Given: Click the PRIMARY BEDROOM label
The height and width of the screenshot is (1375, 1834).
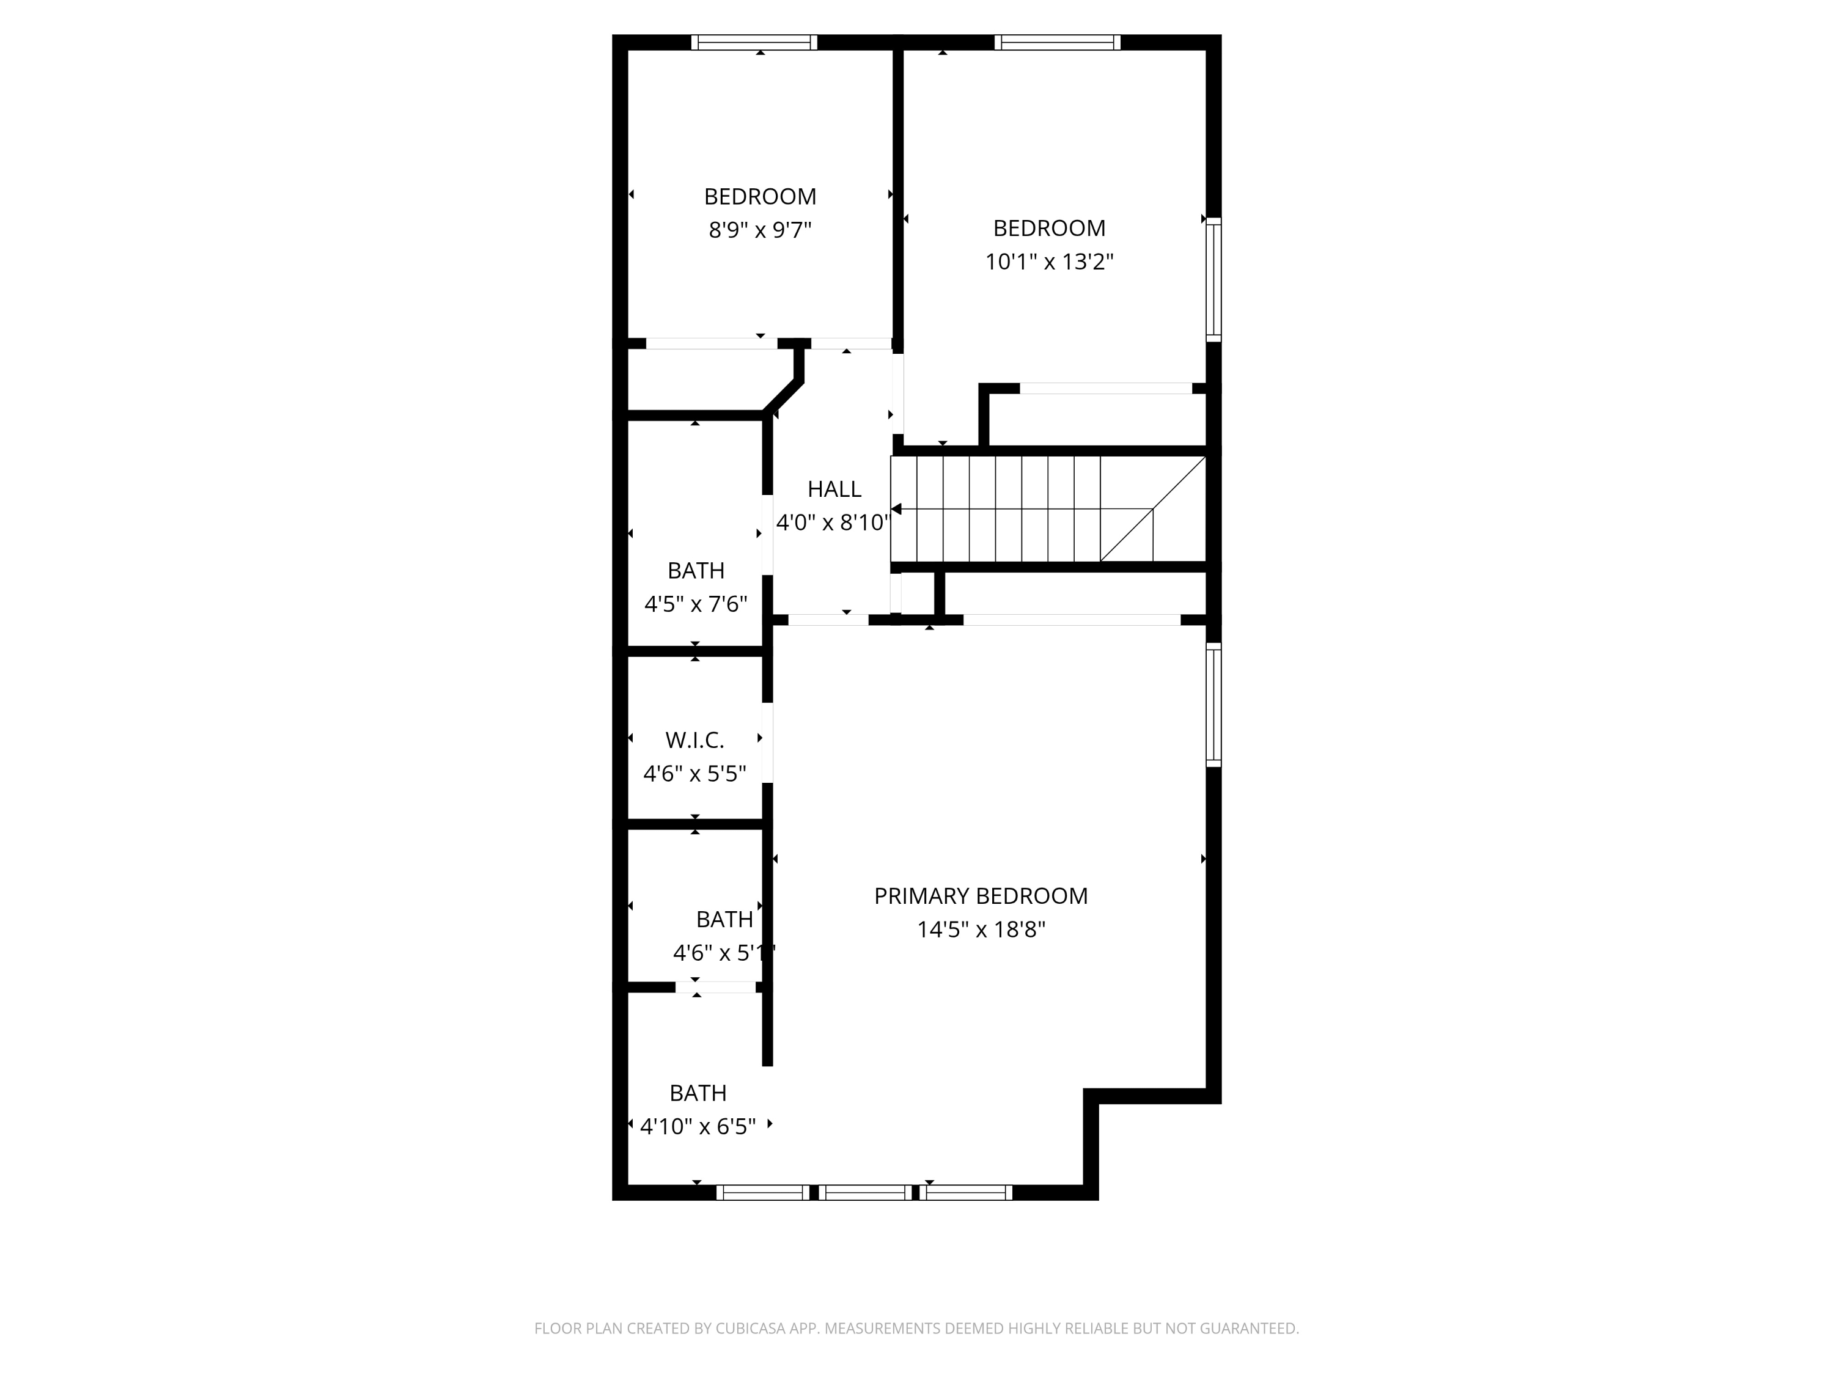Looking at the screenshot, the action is (981, 896).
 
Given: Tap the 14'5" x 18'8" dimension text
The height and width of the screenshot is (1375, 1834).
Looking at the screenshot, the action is (981, 930).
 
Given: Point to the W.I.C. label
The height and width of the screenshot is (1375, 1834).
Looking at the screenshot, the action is (695, 739).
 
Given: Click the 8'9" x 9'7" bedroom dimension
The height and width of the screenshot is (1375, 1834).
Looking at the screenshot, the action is (759, 230).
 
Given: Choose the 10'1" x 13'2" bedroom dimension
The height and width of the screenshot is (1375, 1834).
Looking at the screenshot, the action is (1049, 262).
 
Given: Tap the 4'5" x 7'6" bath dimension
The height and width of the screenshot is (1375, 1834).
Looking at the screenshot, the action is (696, 604).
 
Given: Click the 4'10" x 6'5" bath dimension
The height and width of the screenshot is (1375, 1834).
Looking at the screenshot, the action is (698, 1126).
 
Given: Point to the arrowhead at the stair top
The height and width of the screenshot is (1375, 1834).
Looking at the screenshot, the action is (896, 509).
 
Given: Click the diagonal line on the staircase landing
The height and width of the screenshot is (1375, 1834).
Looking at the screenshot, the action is (1152, 509).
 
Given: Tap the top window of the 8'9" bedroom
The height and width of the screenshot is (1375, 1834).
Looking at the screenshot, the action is (754, 42).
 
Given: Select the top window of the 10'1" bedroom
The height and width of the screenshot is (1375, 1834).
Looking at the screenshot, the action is (1057, 42).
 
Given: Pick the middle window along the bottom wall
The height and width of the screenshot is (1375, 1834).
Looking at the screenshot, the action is (865, 1193).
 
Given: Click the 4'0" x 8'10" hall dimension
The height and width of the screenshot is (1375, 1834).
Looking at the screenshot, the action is (833, 523).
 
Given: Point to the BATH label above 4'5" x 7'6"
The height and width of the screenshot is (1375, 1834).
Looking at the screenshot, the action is (696, 570).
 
